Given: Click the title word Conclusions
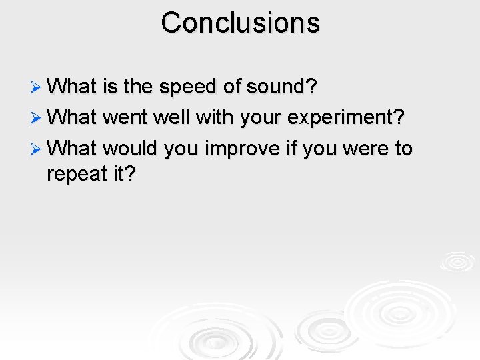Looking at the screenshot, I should pyautogui.click(x=240, y=23).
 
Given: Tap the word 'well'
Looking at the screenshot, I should pyautogui.click(x=171, y=117).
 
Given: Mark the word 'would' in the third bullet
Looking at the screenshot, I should pyautogui.click(x=129, y=148).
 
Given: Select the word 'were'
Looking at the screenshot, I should pyautogui.click(x=369, y=148).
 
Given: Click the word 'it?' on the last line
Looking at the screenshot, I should pyautogui.click(x=122, y=174).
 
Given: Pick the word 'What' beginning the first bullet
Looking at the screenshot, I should pyautogui.click(x=73, y=87).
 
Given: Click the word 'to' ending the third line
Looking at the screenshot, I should pyautogui.click(x=403, y=148).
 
